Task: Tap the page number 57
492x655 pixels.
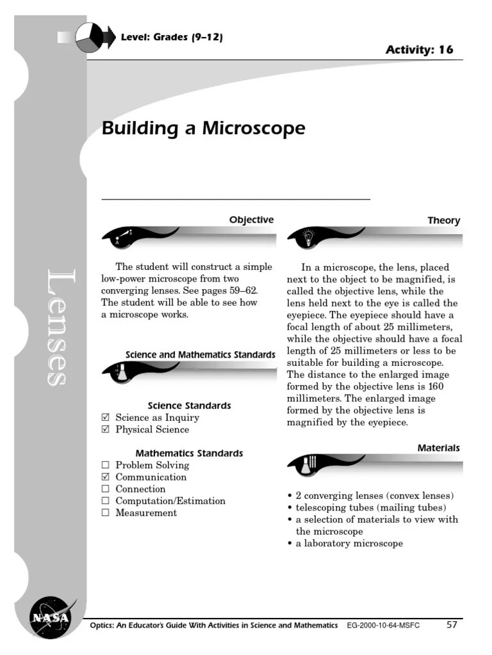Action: (x=452, y=625)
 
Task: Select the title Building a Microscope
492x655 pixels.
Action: (x=204, y=129)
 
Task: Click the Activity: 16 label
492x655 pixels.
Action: (x=419, y=50)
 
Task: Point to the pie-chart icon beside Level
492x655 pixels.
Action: (x=88, y=38)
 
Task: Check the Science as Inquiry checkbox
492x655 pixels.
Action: (x=106, y=418)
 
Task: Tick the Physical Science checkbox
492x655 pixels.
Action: (x=106, y=430)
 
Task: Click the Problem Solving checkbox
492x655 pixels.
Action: (x=106, y=465)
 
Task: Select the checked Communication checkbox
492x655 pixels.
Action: (x=106, y=477)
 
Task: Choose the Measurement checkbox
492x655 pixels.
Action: (x=106, y=513)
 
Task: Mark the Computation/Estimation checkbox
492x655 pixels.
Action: (x=106, y=501)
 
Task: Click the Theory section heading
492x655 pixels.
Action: (x=444, y=221)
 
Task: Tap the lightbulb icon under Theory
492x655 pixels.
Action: (x=307, y=236)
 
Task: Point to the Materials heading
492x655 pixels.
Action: (x=439, y=448)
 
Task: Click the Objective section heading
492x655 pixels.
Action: (x=251, y=220)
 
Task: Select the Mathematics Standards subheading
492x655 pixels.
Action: (x=189, y=454)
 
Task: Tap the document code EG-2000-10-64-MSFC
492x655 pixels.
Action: (x=383, y=626)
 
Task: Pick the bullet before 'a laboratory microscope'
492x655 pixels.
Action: (x=290, y=544)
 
